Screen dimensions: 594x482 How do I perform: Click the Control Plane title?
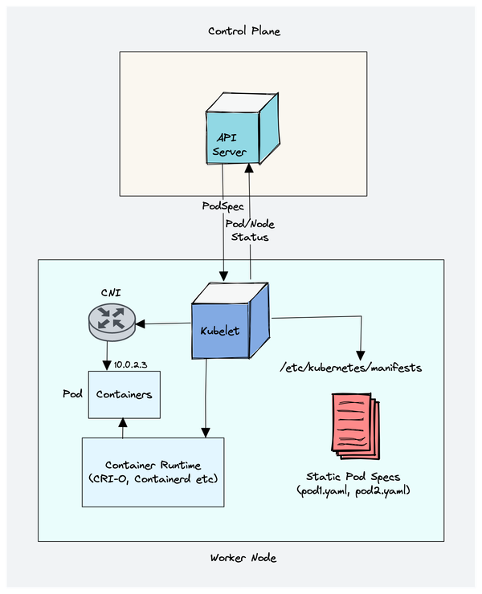(x=244, y=31)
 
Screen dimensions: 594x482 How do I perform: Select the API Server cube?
(x=240, y=132)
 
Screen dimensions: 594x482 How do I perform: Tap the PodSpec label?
(x=223, y=206)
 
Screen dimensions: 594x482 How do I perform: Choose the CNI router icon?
(x=109, y=319)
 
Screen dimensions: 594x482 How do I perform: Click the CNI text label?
(x=110, y=292)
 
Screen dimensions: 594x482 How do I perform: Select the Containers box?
(x=124, y=395)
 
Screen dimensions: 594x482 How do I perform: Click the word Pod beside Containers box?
(x=73, y=395)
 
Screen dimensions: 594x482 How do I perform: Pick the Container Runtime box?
(x=153, y=472)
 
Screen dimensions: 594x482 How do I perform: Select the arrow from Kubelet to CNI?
(x=165, y=323)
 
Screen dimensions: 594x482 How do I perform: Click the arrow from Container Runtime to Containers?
(x=122, y=429)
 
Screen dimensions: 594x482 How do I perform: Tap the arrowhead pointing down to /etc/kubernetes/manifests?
(x=361, y=353)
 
